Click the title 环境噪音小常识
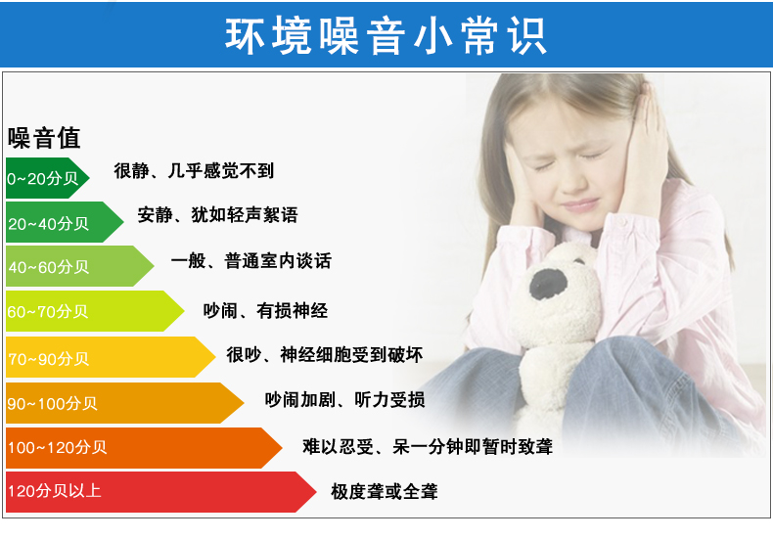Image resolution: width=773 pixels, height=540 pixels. click(386, 35)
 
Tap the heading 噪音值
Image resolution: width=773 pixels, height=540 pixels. click(44, 138)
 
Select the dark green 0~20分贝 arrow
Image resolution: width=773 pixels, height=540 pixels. click(47, 178)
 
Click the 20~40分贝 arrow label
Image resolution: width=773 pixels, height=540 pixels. click(48, 224)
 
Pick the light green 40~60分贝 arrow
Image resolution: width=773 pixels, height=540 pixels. click(80, 266)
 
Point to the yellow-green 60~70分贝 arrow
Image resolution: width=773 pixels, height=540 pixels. click(95, 311)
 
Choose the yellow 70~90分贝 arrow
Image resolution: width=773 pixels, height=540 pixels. click(111, 357)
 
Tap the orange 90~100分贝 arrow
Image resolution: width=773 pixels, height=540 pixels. click(124, 403)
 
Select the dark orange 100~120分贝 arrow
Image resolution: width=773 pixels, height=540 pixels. click(144, 448)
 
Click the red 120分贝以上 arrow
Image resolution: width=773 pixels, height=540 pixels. click(160, 492)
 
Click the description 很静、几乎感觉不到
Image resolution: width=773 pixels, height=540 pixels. click(194, 170)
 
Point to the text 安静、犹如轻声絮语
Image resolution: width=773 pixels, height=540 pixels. click(217, 215)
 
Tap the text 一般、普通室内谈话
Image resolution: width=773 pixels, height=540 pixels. click(250, 260)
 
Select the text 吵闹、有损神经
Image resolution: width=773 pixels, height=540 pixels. click(265, 310)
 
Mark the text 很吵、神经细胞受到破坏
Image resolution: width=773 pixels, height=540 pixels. click(325, 355)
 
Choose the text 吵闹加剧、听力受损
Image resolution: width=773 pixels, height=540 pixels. click(344, 399)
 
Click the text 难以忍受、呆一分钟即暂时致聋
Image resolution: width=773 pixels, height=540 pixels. click(428, 447)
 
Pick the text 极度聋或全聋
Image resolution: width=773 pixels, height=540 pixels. click(384, 491)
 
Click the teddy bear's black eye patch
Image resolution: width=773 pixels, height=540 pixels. click(548, 284)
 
